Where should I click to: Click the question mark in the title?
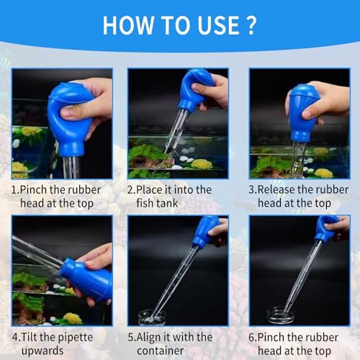[251, 25]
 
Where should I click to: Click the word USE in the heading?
[219, 25]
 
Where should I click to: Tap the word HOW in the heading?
[128, 25]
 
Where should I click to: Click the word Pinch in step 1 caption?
[34, 190]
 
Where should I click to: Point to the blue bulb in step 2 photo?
[195, 90]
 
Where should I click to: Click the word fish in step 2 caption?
[145, 203]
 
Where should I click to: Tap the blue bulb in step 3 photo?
[305, 113]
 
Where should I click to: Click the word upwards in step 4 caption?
[42, 351]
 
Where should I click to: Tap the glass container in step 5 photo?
[152, 318]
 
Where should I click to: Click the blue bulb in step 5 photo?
[206, 230]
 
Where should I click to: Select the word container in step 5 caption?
[161, 351]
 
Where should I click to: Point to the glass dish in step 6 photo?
[280, 315]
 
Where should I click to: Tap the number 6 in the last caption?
[251, 337]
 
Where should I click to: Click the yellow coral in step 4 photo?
[73, 318]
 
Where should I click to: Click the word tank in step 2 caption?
[167, 203]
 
